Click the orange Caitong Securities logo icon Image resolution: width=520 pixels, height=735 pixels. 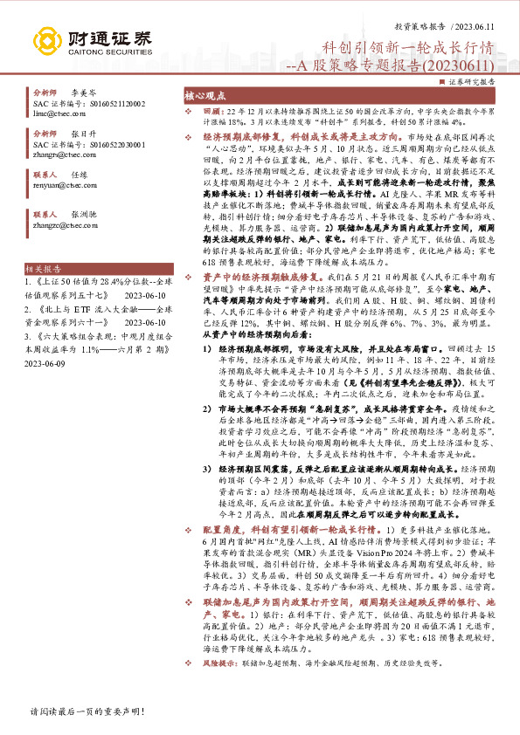click(x=46, y=41)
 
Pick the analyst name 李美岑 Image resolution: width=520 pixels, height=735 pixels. click(x=83, y=92)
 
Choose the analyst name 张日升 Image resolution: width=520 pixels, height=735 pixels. click(x=83, y=134)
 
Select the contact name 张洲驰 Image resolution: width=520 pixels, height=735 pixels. click(x=83, y=213)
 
